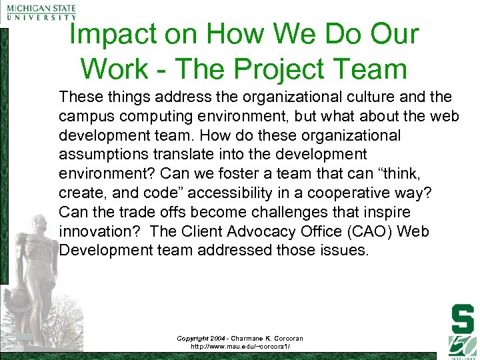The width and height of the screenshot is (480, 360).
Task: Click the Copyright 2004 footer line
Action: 239,338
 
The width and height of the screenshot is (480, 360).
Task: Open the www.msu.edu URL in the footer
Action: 239,347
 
